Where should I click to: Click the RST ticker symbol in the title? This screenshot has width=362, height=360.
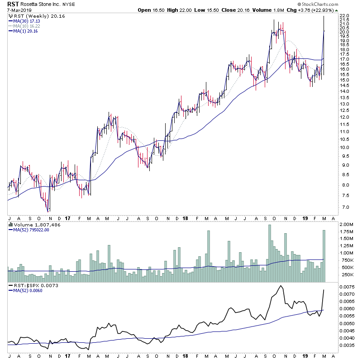pos(13,4)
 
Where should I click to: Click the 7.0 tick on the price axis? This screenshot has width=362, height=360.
pos(343,207)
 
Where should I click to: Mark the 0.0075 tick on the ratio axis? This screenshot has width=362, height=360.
pos(348,287)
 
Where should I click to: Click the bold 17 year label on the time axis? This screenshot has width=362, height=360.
pos(67,218)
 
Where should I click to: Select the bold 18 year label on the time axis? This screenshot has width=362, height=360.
pos(185,218)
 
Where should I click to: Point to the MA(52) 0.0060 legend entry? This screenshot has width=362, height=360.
pos(27,291)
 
